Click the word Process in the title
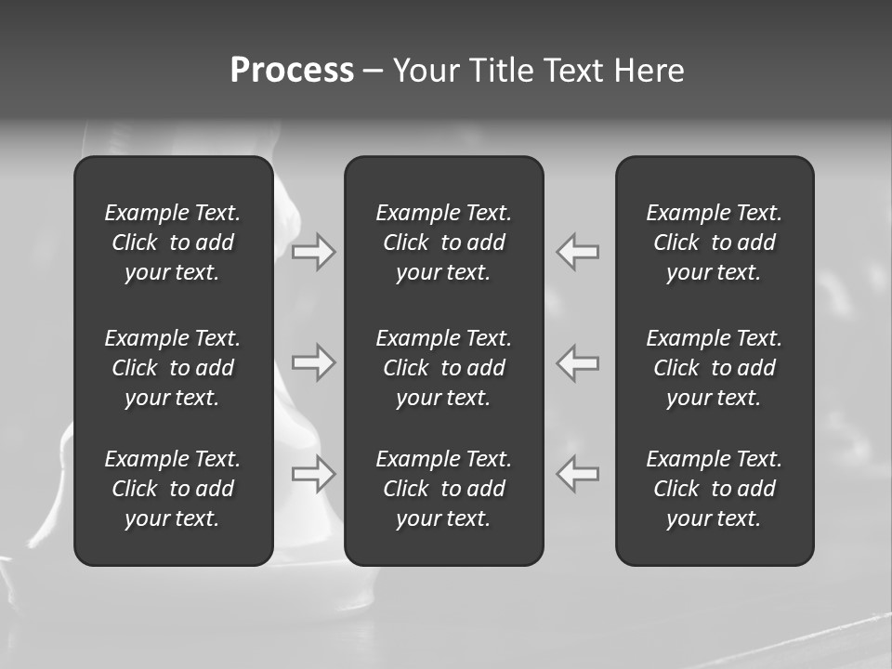coord(292,71)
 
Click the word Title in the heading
coord(498,71)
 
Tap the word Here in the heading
coord(649,71)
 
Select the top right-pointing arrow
coord(313,252)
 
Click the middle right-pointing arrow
coord(313,362)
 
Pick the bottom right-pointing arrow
coord(313,474)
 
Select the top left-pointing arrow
coord(578,252)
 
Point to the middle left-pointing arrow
coord(578,362)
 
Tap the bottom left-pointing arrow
coord(578,474)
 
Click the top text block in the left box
coord(173,243)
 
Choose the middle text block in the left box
coord(173,368)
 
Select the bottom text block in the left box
coord(173,489)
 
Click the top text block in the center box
coord(444,243)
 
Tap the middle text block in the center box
coord(444,368)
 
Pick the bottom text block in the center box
coord(444,489)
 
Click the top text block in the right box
coord(715,243)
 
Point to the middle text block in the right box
coord(715,368)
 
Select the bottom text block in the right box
coord(715,489)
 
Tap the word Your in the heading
coord(424,71)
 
